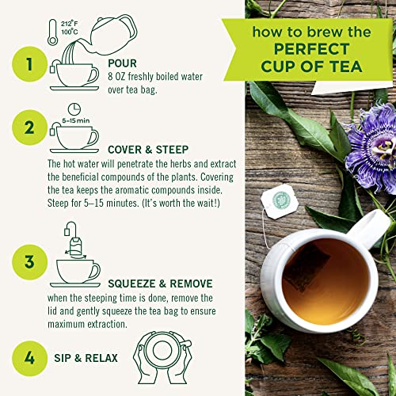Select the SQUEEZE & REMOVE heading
click(150, 284)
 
